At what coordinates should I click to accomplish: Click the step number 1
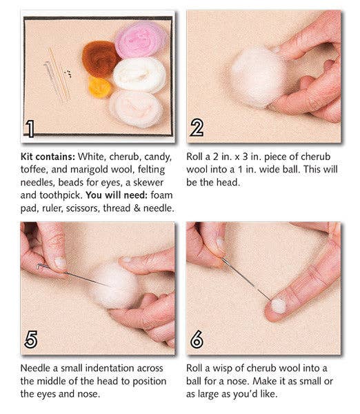point(30,128)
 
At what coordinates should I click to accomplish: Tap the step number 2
point(197,128)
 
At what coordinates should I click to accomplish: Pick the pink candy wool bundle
point(140,39)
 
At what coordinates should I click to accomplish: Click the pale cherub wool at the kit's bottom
point(135,107)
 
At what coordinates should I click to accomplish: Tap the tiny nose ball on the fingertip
point(278,304)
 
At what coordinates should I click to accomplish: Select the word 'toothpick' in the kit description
point(63,195)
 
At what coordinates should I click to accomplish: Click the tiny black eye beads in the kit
point(67,71)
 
